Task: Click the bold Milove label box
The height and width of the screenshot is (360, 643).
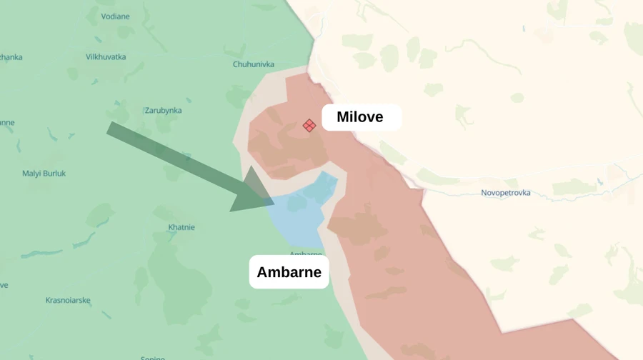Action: (x=361, y=117)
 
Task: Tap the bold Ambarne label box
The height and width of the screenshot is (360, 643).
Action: (x=289, y=272)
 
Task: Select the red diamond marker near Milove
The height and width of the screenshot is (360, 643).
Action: (x=309, y=126)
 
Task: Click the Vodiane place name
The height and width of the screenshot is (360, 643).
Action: (x=115, y=16)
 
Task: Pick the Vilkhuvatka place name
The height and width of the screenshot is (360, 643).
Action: (x=106, y=56)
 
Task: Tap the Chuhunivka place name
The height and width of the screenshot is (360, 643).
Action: (x=253, y=64)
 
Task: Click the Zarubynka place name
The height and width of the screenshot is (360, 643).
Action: (x=163, y=111)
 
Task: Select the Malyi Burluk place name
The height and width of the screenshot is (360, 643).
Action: (x=44, y=174)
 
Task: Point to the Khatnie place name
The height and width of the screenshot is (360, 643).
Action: (x=181, y=228)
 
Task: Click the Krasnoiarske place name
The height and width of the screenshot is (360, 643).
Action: (x=67, y=300)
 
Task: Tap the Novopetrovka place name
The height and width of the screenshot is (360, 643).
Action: (x=505, y=193)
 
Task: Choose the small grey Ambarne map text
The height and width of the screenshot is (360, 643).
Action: (x=305, y=254)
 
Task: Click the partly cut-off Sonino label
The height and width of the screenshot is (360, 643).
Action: (x=152, y=357)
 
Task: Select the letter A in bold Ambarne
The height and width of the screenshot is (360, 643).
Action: (x=262, y=272)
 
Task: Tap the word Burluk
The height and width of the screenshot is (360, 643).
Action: (x=54, y=174)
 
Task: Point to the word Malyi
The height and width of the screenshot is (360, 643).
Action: (x=31, y=174)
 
